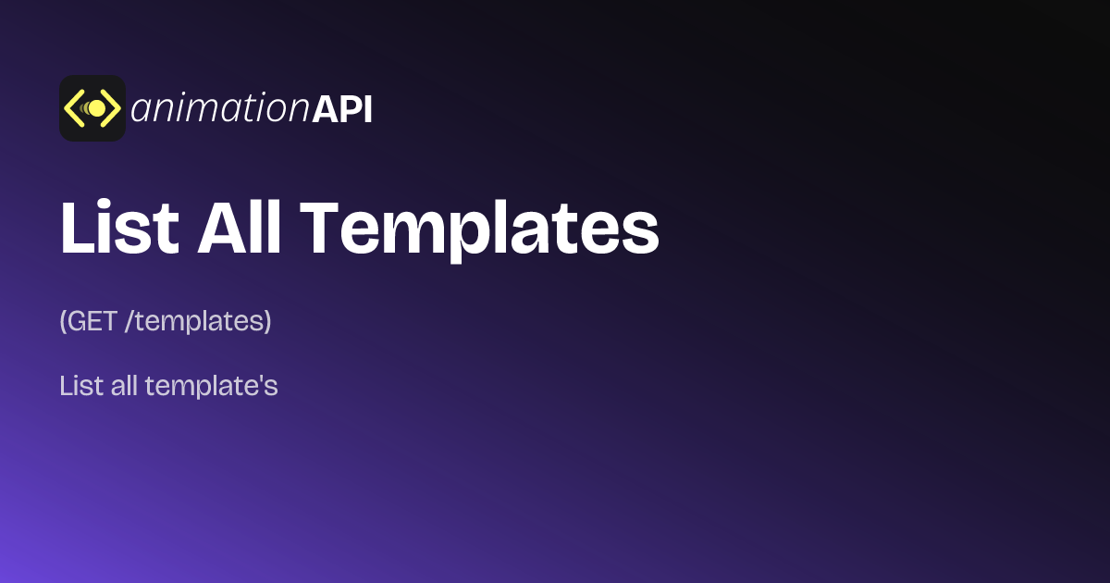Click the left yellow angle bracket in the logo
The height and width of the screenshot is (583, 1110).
tap(74, 108)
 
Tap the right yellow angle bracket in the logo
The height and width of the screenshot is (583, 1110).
tap(111, 108)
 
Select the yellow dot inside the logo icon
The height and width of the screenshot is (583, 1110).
tap(96, 108)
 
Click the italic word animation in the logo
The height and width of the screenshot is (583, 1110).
tap(219, 109)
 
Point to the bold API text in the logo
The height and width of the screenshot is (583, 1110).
tap(342, 109)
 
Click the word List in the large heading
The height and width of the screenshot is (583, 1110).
tap(118, 228)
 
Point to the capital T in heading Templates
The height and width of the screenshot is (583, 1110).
tap(323, 228)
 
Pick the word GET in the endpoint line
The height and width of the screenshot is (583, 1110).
tap(93, 321)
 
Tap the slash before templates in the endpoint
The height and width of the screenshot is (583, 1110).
tap(129, 322)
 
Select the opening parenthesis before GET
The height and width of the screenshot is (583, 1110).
tap(63, 322)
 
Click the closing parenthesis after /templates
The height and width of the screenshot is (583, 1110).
tap(267, 322)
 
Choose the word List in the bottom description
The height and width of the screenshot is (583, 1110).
tap(80, 386)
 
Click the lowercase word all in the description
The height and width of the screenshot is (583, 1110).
tap(123, 386)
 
